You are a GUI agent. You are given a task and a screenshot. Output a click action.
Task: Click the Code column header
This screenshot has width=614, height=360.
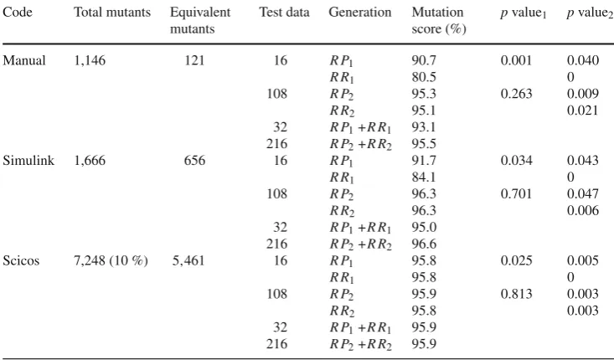[18, 12]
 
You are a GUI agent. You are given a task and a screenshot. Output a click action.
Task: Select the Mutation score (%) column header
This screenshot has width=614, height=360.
[439, 20]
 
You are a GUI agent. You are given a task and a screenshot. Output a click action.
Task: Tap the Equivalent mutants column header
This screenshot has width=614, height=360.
[200, 20]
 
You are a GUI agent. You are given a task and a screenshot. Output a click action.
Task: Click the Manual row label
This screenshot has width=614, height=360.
[24, 60]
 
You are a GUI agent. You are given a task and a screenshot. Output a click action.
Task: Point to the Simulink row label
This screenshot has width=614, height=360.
[28, 161]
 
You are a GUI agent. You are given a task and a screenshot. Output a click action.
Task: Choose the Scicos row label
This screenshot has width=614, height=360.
[21, 260]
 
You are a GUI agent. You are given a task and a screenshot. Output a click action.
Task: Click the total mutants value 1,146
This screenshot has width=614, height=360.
[90, 60]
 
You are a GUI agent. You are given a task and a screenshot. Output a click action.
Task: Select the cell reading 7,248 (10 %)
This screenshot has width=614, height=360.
[111, 260]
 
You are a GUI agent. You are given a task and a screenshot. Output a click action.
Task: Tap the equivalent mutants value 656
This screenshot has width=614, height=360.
[194, 161]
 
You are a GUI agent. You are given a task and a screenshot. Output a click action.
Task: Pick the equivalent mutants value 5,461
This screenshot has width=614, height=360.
[188, 260]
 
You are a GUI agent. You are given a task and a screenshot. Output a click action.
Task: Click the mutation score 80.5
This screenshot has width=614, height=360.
[424, 77]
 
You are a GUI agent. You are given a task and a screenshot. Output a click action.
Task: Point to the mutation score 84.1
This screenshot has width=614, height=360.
[424, 177]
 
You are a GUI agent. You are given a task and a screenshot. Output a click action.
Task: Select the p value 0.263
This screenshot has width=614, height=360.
[517, 94]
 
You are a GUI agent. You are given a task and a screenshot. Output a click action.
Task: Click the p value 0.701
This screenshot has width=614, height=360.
[517, 194]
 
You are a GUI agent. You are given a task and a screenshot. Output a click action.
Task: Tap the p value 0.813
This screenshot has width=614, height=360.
[517, 294]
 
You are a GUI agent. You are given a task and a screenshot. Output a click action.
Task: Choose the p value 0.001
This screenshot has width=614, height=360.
[517, 60]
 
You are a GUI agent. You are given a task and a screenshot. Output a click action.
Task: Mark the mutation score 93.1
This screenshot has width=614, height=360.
[424, 127]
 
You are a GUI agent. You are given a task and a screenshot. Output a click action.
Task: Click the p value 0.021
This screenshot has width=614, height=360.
[583, 111]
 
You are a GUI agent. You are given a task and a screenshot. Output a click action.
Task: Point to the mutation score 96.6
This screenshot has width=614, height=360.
[424, 244]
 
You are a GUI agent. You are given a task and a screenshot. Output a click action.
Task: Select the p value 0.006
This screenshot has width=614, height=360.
[583, 210]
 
